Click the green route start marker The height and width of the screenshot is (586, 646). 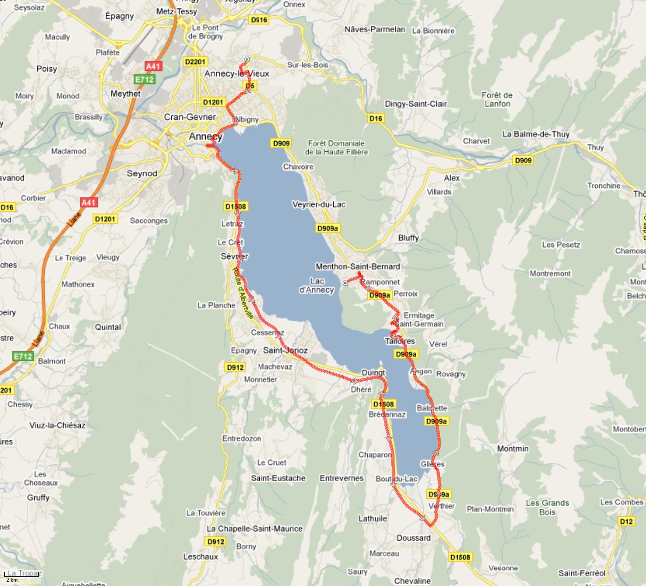(247, 59)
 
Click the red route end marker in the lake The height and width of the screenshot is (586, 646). (345, 283)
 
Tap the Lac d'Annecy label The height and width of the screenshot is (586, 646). (317, 286)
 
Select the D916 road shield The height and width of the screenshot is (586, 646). (258, 19)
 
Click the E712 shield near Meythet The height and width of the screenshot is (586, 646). (144, 79)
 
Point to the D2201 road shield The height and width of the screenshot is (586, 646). (196, 62)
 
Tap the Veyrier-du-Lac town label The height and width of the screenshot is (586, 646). (319, 204)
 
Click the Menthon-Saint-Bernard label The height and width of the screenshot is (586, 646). (358, 266)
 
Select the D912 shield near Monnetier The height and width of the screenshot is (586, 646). (235, 367)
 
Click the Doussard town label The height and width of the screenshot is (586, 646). (413, 538)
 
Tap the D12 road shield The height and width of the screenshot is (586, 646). (626, 521)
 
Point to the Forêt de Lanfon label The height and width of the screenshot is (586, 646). (497, 99)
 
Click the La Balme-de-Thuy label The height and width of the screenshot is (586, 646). (536, 134)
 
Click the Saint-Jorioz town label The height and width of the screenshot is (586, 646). (285, 350)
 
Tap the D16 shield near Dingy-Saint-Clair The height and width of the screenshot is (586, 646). (376, 119)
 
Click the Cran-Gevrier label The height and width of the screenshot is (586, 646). (190, 117)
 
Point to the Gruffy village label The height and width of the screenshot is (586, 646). (38, 497)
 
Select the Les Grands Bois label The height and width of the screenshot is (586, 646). (547, 507)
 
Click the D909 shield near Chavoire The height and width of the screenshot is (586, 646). (281, 143)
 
